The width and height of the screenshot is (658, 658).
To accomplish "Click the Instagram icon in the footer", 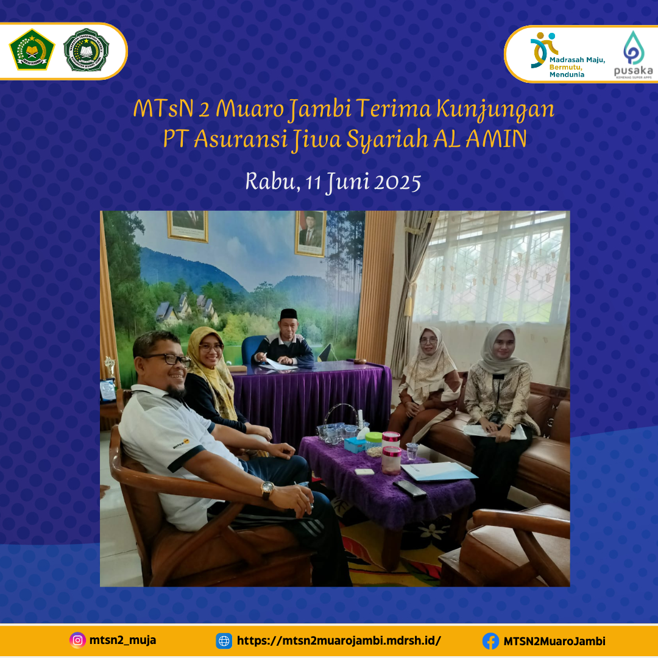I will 77,640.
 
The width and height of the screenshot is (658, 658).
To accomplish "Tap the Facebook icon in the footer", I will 490,641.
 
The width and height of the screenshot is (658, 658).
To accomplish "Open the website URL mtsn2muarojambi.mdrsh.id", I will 338,641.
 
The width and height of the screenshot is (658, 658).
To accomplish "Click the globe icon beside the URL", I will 224,641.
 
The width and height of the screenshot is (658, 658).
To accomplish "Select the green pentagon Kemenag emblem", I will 32,50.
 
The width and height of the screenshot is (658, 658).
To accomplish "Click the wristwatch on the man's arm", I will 267,489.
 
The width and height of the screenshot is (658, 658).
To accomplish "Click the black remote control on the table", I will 410,488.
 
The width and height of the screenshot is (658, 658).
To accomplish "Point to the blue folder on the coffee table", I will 439,471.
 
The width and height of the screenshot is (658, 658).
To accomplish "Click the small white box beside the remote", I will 364,472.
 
